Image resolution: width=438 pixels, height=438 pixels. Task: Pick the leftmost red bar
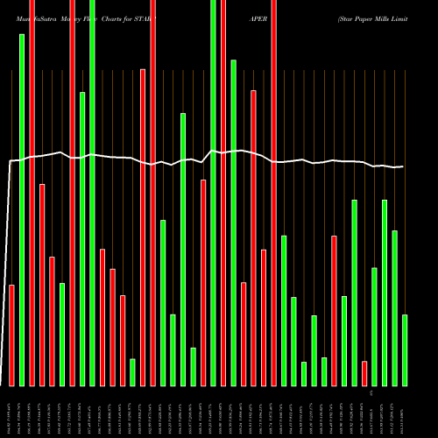11,335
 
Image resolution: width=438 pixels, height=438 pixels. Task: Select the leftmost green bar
22,210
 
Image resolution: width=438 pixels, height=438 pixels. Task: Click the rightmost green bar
405,350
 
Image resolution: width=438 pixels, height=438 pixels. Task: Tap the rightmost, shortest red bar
364,373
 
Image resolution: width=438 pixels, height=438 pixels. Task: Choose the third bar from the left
32,193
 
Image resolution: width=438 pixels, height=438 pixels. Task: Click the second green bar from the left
62,334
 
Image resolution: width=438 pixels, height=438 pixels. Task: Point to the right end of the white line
404,166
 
